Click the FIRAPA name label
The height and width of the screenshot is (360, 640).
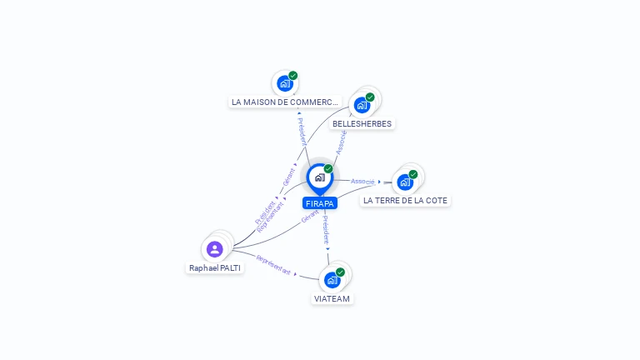point(320,203)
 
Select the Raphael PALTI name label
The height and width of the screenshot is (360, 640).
point(215,268)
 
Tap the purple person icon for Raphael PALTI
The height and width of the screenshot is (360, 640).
point(215,248)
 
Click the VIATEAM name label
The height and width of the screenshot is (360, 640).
point(332,298)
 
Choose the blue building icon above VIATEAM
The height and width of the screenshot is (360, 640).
point(332,279)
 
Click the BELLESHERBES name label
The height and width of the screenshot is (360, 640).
point(362,123)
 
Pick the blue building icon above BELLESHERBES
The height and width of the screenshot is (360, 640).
point(362,105)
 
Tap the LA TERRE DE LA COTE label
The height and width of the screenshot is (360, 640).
point(406,200)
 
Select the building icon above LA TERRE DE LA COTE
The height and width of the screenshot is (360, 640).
point(405,182)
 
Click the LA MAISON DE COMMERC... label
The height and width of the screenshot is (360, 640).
point(286,102)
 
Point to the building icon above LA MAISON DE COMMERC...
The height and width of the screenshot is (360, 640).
point(285,83)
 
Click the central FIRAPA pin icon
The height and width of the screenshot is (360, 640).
point(319,177)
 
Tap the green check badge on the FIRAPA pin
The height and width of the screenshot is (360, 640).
point(328,169)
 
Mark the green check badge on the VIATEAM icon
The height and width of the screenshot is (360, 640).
point(341,272)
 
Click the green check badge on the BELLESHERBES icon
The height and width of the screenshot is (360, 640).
point(370,97)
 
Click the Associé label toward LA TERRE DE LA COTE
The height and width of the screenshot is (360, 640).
point(362,181)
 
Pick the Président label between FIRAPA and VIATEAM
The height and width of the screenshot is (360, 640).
point(326,228)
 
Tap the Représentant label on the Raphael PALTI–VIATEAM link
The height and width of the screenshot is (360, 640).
point(274,265)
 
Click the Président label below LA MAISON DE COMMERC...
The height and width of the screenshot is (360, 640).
point(302,132)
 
